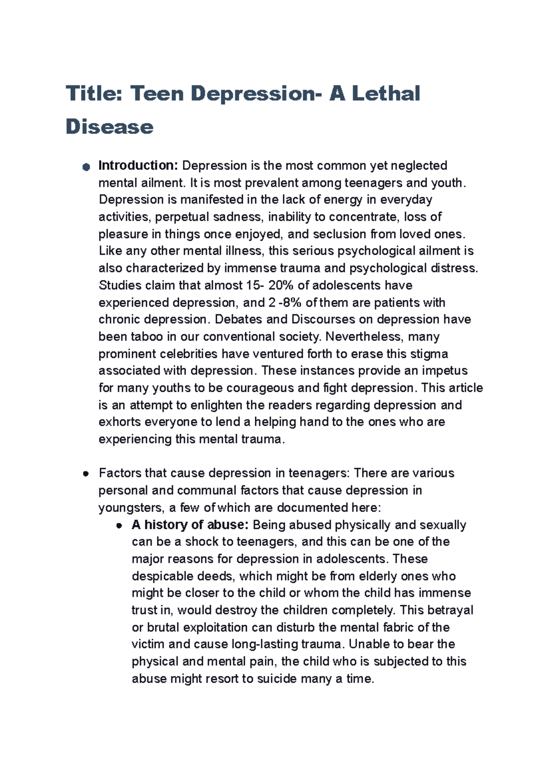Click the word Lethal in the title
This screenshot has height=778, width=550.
point(386,94)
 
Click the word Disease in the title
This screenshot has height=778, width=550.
point(110,127)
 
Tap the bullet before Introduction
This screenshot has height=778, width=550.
point(85,167)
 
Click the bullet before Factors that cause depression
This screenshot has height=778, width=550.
point(85,474)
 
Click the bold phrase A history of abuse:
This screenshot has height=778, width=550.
point(190,525)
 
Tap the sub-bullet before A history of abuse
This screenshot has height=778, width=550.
point(119,526)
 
